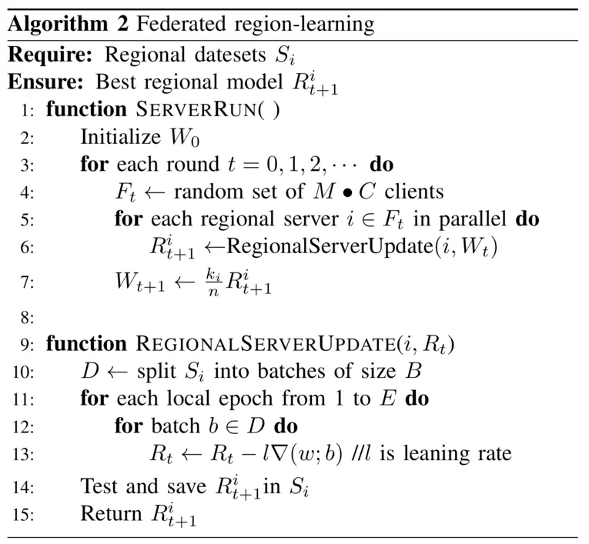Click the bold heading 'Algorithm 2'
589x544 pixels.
coord(69,25)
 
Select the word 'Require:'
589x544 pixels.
coord(49,55)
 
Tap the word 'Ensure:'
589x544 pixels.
coord(45,82)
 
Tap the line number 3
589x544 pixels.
coord(28,165)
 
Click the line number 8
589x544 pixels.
coord(28,315)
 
